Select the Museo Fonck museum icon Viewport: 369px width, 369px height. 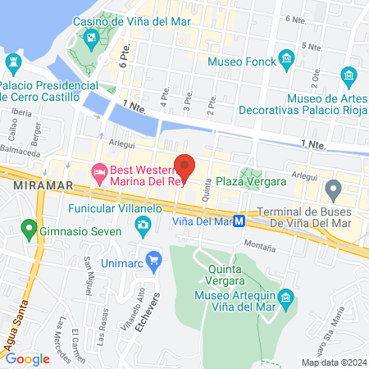point(286,58)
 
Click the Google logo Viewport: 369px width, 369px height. point(28,358)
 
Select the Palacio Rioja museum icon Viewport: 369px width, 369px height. point(350,77)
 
